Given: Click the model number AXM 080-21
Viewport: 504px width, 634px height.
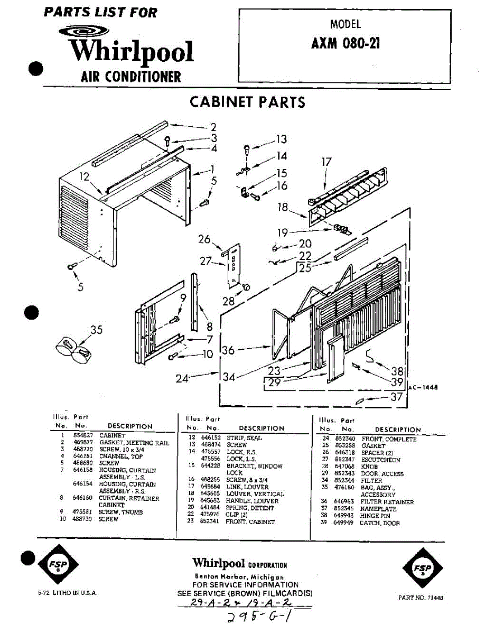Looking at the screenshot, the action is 346,43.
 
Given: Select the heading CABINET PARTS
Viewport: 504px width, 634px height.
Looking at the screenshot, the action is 247,101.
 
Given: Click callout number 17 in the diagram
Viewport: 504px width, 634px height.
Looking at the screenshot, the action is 326,162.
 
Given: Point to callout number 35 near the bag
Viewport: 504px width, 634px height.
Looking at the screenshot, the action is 96,330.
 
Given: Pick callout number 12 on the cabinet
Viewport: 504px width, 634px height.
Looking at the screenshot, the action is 85,177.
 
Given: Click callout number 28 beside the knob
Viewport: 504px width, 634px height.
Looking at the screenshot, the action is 228,302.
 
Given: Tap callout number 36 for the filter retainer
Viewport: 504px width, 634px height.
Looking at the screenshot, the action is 228,350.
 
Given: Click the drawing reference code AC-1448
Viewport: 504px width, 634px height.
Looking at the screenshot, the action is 423,387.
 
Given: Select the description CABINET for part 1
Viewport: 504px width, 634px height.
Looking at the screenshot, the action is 112,435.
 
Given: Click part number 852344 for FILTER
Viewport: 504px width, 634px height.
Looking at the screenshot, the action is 344,481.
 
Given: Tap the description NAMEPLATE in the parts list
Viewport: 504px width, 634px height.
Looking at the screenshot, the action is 378,509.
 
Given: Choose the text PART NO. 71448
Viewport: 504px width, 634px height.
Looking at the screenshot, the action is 421,598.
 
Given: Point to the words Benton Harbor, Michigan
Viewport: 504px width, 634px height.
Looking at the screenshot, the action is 240,576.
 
